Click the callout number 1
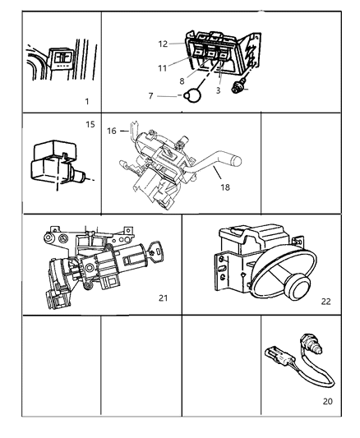pyautogui.click(x=87, y=101)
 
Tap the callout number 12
pyautogui.click(x=163, y=44)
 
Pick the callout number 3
pyautogui.click(x=217, y=91)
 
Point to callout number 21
pyautogui.click(x=162, y=297)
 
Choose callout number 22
pyautogui.click(x=325, y=301)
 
